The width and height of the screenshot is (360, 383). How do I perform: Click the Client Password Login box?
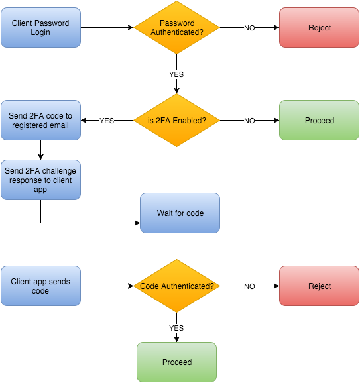click(40, 28)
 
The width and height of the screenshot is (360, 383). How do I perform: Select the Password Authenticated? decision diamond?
click(176, 28)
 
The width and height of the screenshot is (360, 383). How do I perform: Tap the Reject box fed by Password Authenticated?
click(319, 28)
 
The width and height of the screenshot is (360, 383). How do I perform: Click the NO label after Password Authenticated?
click(249, 28)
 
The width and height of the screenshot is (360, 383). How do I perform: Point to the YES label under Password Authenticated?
click(176, 74)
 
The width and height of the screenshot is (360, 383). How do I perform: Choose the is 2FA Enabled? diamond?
click(176, 121)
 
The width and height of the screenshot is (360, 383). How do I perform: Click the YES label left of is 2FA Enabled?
click(107, 121)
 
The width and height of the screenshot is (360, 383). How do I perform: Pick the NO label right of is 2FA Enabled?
click(249, 121)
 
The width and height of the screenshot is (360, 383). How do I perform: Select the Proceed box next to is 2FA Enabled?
click(319, 121)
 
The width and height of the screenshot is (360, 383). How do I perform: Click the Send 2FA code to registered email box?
click(40, 121)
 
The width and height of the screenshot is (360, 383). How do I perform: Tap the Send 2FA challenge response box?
click(40, 180)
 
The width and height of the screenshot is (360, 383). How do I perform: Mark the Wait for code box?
click(180, 213)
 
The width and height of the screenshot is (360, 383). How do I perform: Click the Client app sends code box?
click(40, 286)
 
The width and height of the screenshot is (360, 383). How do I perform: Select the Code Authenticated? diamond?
click(176, 286)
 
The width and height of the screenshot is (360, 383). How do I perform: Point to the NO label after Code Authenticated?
click(249, 286)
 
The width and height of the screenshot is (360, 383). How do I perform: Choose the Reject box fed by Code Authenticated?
click(319, 286)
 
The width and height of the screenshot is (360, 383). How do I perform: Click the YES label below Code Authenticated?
click(176, 328)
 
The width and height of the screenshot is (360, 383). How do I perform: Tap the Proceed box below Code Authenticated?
click(176, 362)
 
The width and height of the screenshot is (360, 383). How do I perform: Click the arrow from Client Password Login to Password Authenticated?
click(107, 28)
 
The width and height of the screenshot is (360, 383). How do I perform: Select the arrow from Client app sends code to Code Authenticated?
click(107, 286)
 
